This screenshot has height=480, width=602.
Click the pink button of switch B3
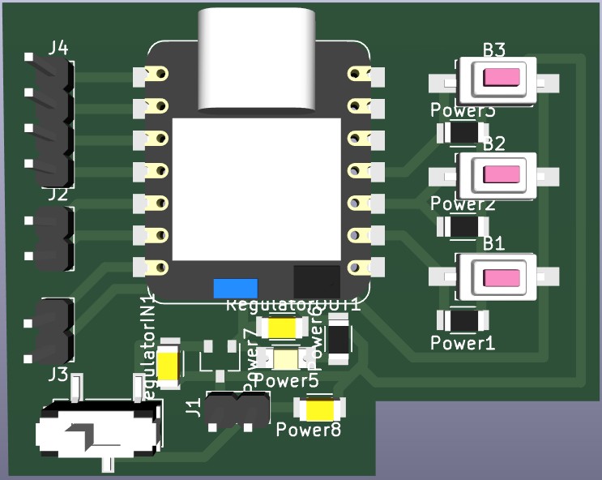(502, 78)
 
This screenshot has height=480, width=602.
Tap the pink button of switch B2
(502, 174)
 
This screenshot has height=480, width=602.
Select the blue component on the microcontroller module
(235, 288)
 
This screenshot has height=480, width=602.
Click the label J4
(58, 48)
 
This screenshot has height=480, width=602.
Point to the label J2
(58, 195)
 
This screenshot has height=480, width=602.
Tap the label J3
(58, 374)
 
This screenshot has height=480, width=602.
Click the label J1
(194, 407)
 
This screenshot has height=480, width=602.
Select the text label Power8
(309, 429)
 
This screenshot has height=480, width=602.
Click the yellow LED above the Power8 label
(320, 409)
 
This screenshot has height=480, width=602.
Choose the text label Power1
(462, 343)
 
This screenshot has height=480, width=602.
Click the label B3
(494, 50)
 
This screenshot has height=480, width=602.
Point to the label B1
(494, 243)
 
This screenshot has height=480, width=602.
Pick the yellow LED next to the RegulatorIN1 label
(169, 364)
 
